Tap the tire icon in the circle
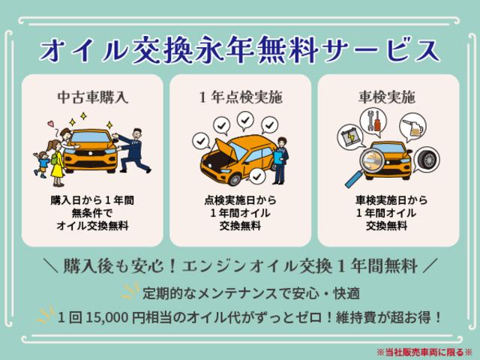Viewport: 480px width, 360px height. (x=427, y=160)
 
